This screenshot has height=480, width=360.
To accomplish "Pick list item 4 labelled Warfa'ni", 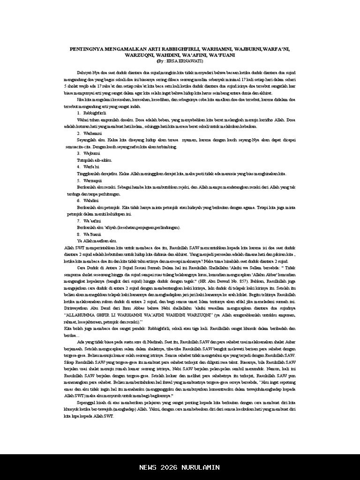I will click(91, 166).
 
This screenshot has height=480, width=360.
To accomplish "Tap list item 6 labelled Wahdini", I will click(91, 200).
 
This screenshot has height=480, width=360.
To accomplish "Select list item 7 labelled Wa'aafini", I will click(92, 220).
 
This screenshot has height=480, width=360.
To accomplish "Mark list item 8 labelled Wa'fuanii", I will click(92, 233).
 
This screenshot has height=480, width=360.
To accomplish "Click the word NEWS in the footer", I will click(148, 467).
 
